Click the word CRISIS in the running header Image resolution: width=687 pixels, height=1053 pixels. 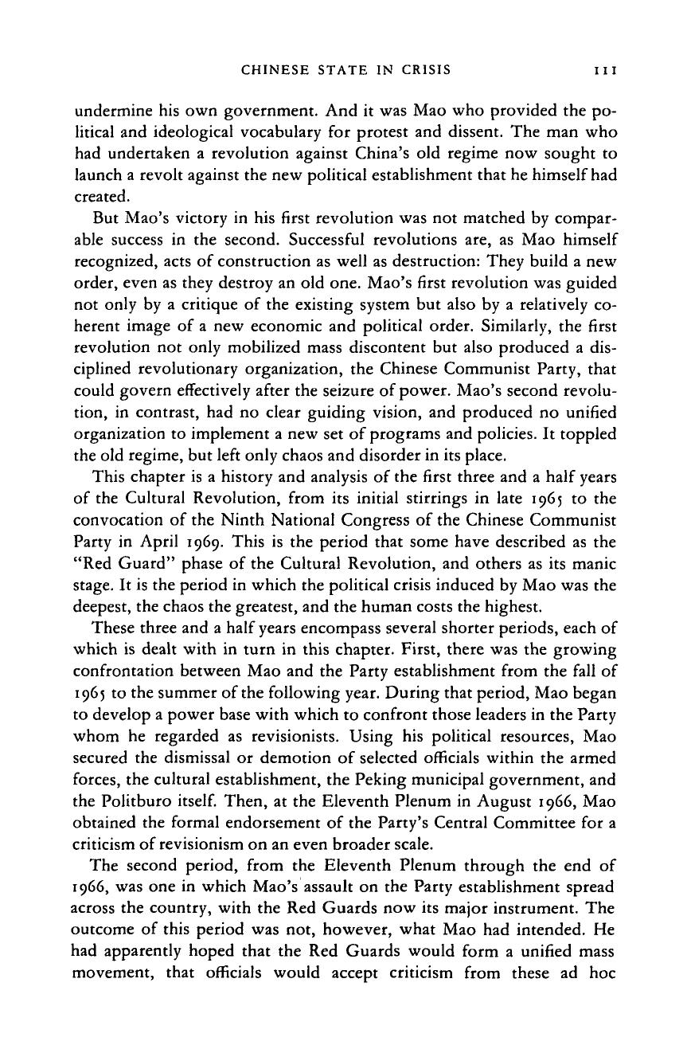[x=424, y=70]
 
